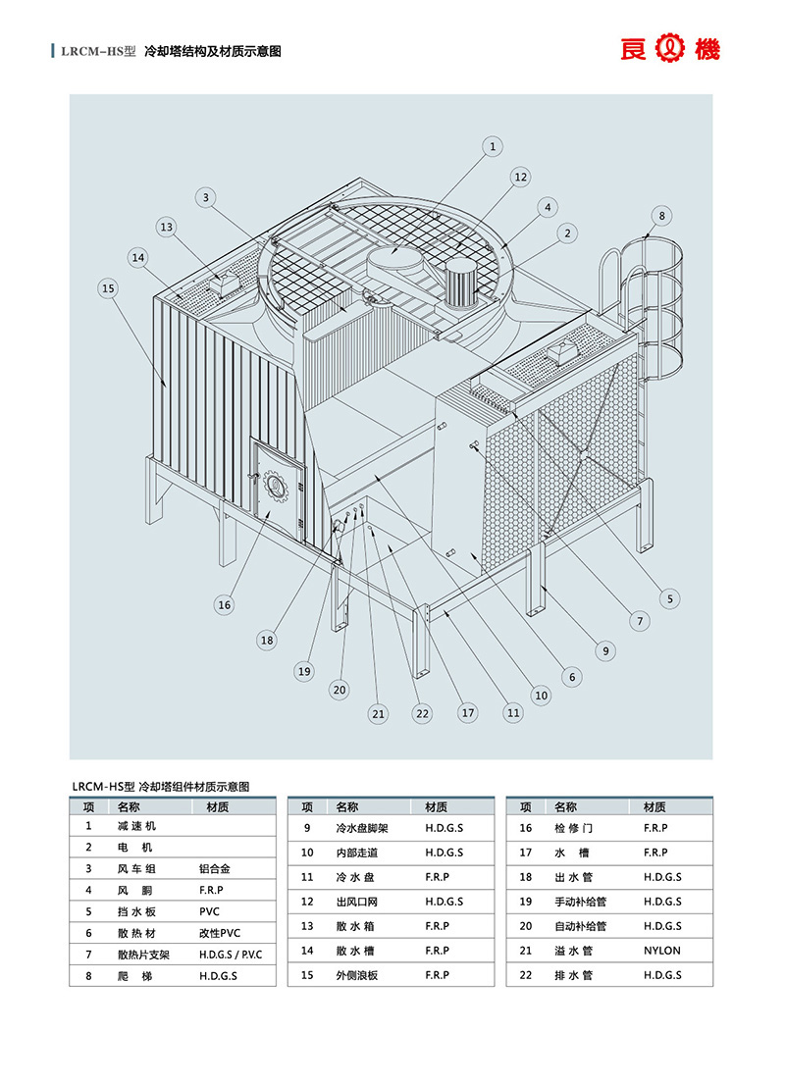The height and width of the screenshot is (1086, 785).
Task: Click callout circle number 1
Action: [493, 146]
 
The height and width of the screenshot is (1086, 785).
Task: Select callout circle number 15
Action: [108, 287]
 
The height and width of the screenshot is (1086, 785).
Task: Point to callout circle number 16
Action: [225, 604]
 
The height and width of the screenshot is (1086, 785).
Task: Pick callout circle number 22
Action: [423, 712]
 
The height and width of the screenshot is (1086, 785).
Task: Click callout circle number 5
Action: [671, 597]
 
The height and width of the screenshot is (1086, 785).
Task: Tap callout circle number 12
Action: [520, 177]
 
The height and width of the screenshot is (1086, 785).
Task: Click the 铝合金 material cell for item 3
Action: [215, 868]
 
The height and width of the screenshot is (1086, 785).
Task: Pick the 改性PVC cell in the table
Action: [219, 933]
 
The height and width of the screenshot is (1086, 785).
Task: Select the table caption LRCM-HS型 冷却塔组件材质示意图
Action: [161, 786]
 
